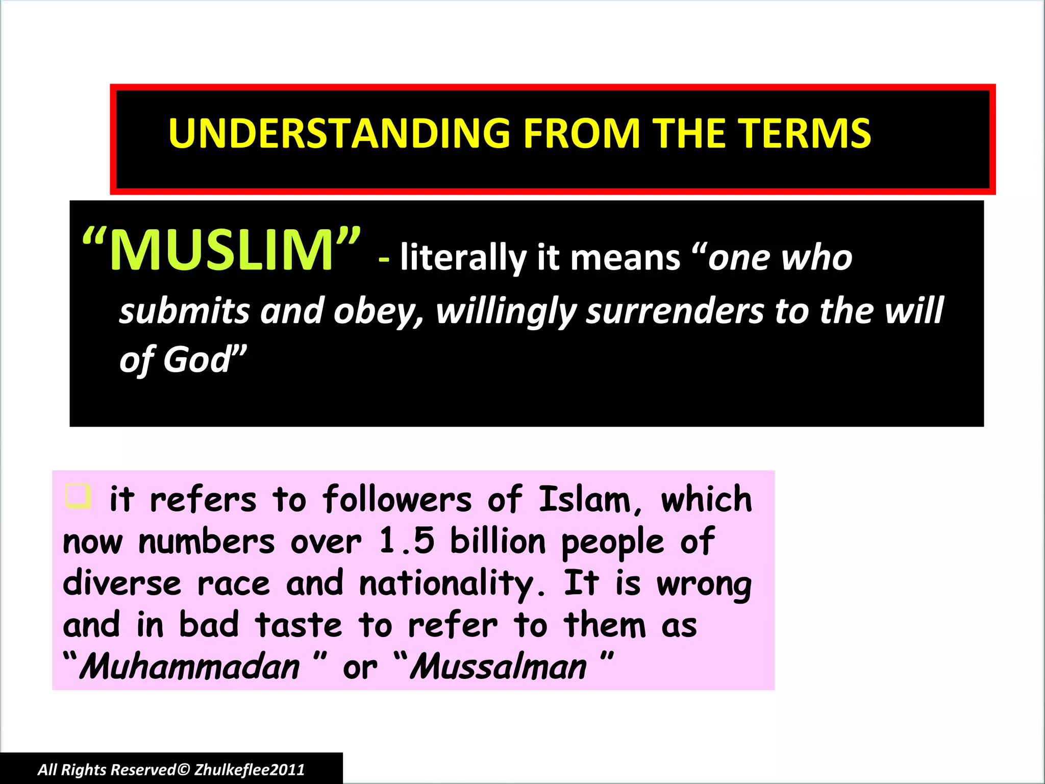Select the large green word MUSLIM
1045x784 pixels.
pos(221,250)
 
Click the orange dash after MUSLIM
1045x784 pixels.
pos(384,259)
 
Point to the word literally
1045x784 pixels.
pos(462,258)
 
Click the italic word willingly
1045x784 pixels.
pos(505,311)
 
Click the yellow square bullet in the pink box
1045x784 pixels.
pos(78,496)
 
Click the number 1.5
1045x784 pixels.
pos(407,541)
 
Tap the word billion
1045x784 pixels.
pos(497,541)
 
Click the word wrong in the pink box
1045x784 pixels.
pos(704,584)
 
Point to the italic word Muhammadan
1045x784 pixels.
pos(190,667)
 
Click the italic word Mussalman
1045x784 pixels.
pos(499,667)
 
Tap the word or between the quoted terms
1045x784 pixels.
pos(360,668)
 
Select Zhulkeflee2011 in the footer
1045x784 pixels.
pos(250,770)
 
